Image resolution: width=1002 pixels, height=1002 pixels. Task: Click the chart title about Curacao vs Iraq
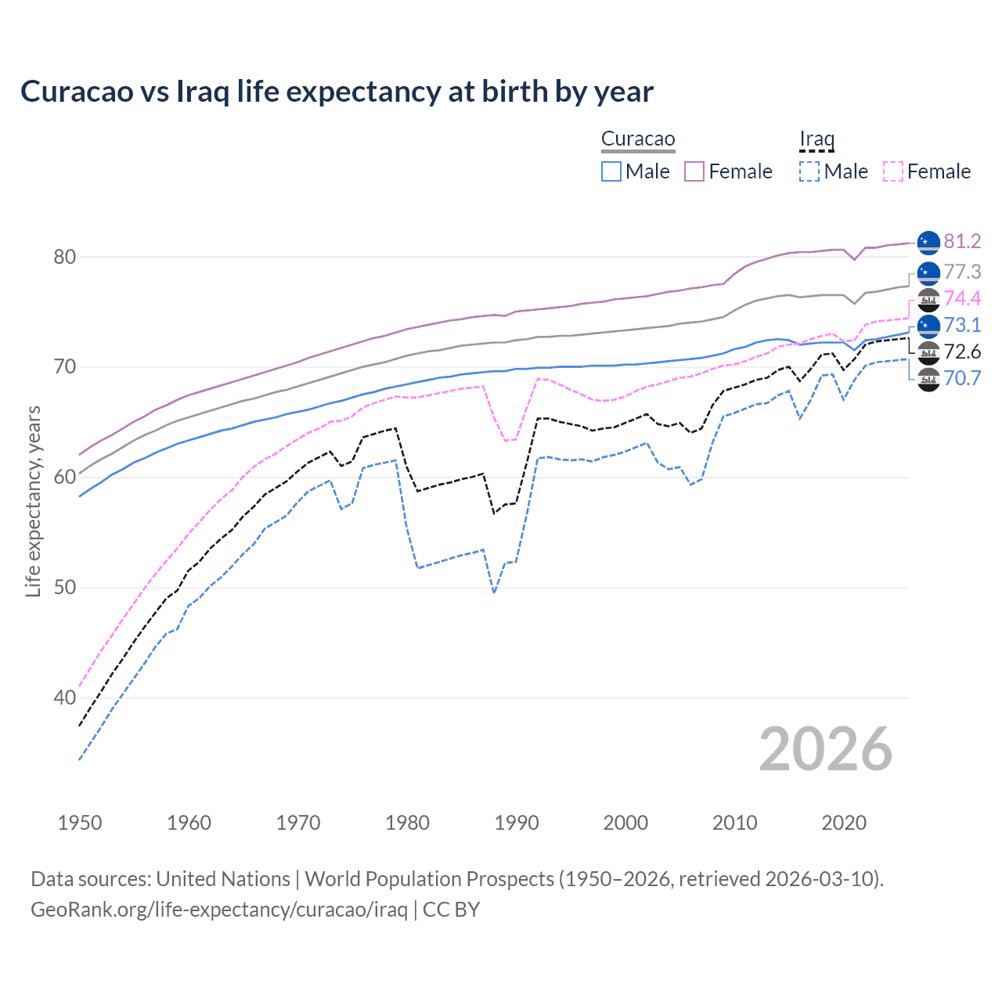click(337, 92)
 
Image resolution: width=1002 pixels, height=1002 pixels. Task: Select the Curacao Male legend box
click(611, 171)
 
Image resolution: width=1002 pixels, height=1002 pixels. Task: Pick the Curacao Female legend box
click(694, 171)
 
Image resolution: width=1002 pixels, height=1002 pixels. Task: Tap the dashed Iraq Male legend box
click(809, 171)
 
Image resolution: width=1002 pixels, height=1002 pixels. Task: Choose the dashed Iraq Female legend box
click(893, 171)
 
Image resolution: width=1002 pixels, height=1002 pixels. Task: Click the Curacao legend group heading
click(638, 139)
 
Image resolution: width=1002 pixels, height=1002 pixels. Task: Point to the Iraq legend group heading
click(816, 139)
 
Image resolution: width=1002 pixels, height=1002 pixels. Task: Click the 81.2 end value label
click(962, 242)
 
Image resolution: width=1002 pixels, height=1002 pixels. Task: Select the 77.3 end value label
click(962, 272)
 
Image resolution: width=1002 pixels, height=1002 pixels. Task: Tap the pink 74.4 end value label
click(962, 298)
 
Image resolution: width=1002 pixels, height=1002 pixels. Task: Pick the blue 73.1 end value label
click(962, 325)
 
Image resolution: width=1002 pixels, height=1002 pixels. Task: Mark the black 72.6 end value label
click(962, 351)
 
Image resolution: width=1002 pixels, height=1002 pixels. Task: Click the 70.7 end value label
click(962, 378)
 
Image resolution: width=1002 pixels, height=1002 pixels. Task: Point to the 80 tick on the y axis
click(65, 257)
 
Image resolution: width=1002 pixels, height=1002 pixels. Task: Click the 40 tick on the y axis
click(65, 697)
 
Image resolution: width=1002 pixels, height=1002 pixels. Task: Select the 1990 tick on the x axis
click(517, 823)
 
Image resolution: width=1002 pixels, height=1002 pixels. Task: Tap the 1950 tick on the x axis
click(80, 823)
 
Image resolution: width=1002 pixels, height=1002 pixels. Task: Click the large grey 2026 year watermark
click(825, 749)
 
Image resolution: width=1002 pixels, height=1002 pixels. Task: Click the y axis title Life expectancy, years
click(33, 501)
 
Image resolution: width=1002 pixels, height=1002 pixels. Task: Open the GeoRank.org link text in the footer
click(218, 910)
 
